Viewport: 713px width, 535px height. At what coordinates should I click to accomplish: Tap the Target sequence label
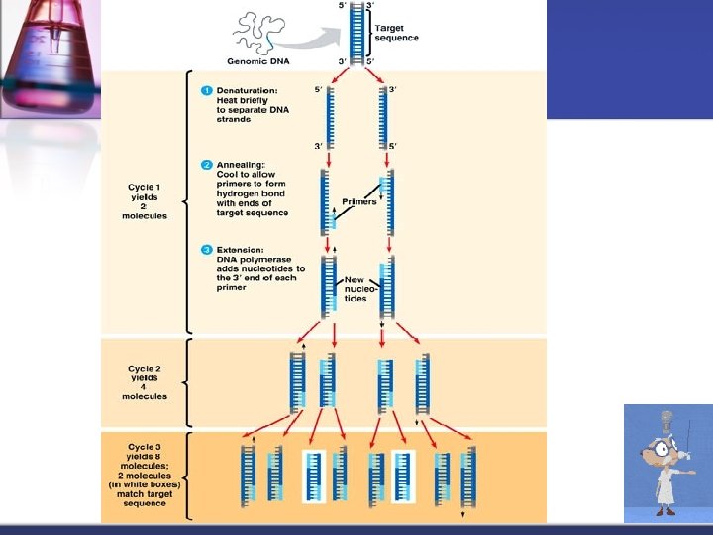(396, 33)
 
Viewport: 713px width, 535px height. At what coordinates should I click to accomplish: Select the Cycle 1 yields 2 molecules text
(148, 201)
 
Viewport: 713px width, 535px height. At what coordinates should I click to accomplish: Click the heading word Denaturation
(248, 91)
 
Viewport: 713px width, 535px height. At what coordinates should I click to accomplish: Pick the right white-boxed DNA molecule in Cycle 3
(403, 475)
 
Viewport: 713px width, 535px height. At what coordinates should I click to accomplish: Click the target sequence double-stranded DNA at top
(358, 33)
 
